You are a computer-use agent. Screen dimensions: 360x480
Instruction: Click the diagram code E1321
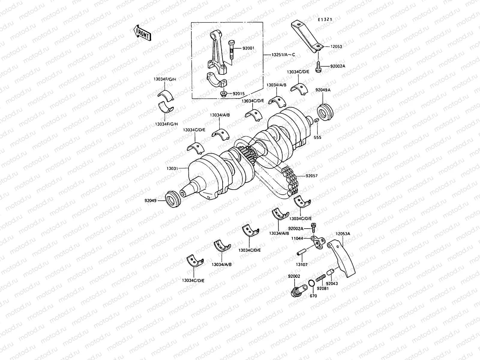pyautogui.click(x=325, y=19)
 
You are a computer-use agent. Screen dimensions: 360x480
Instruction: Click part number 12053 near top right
pyautogui.click(x=336, y=46)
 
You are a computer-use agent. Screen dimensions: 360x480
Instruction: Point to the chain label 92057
pyautogui.click(x=312, y=176)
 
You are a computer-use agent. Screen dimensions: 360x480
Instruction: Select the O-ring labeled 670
pyautogui.click(x=311, y=283)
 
